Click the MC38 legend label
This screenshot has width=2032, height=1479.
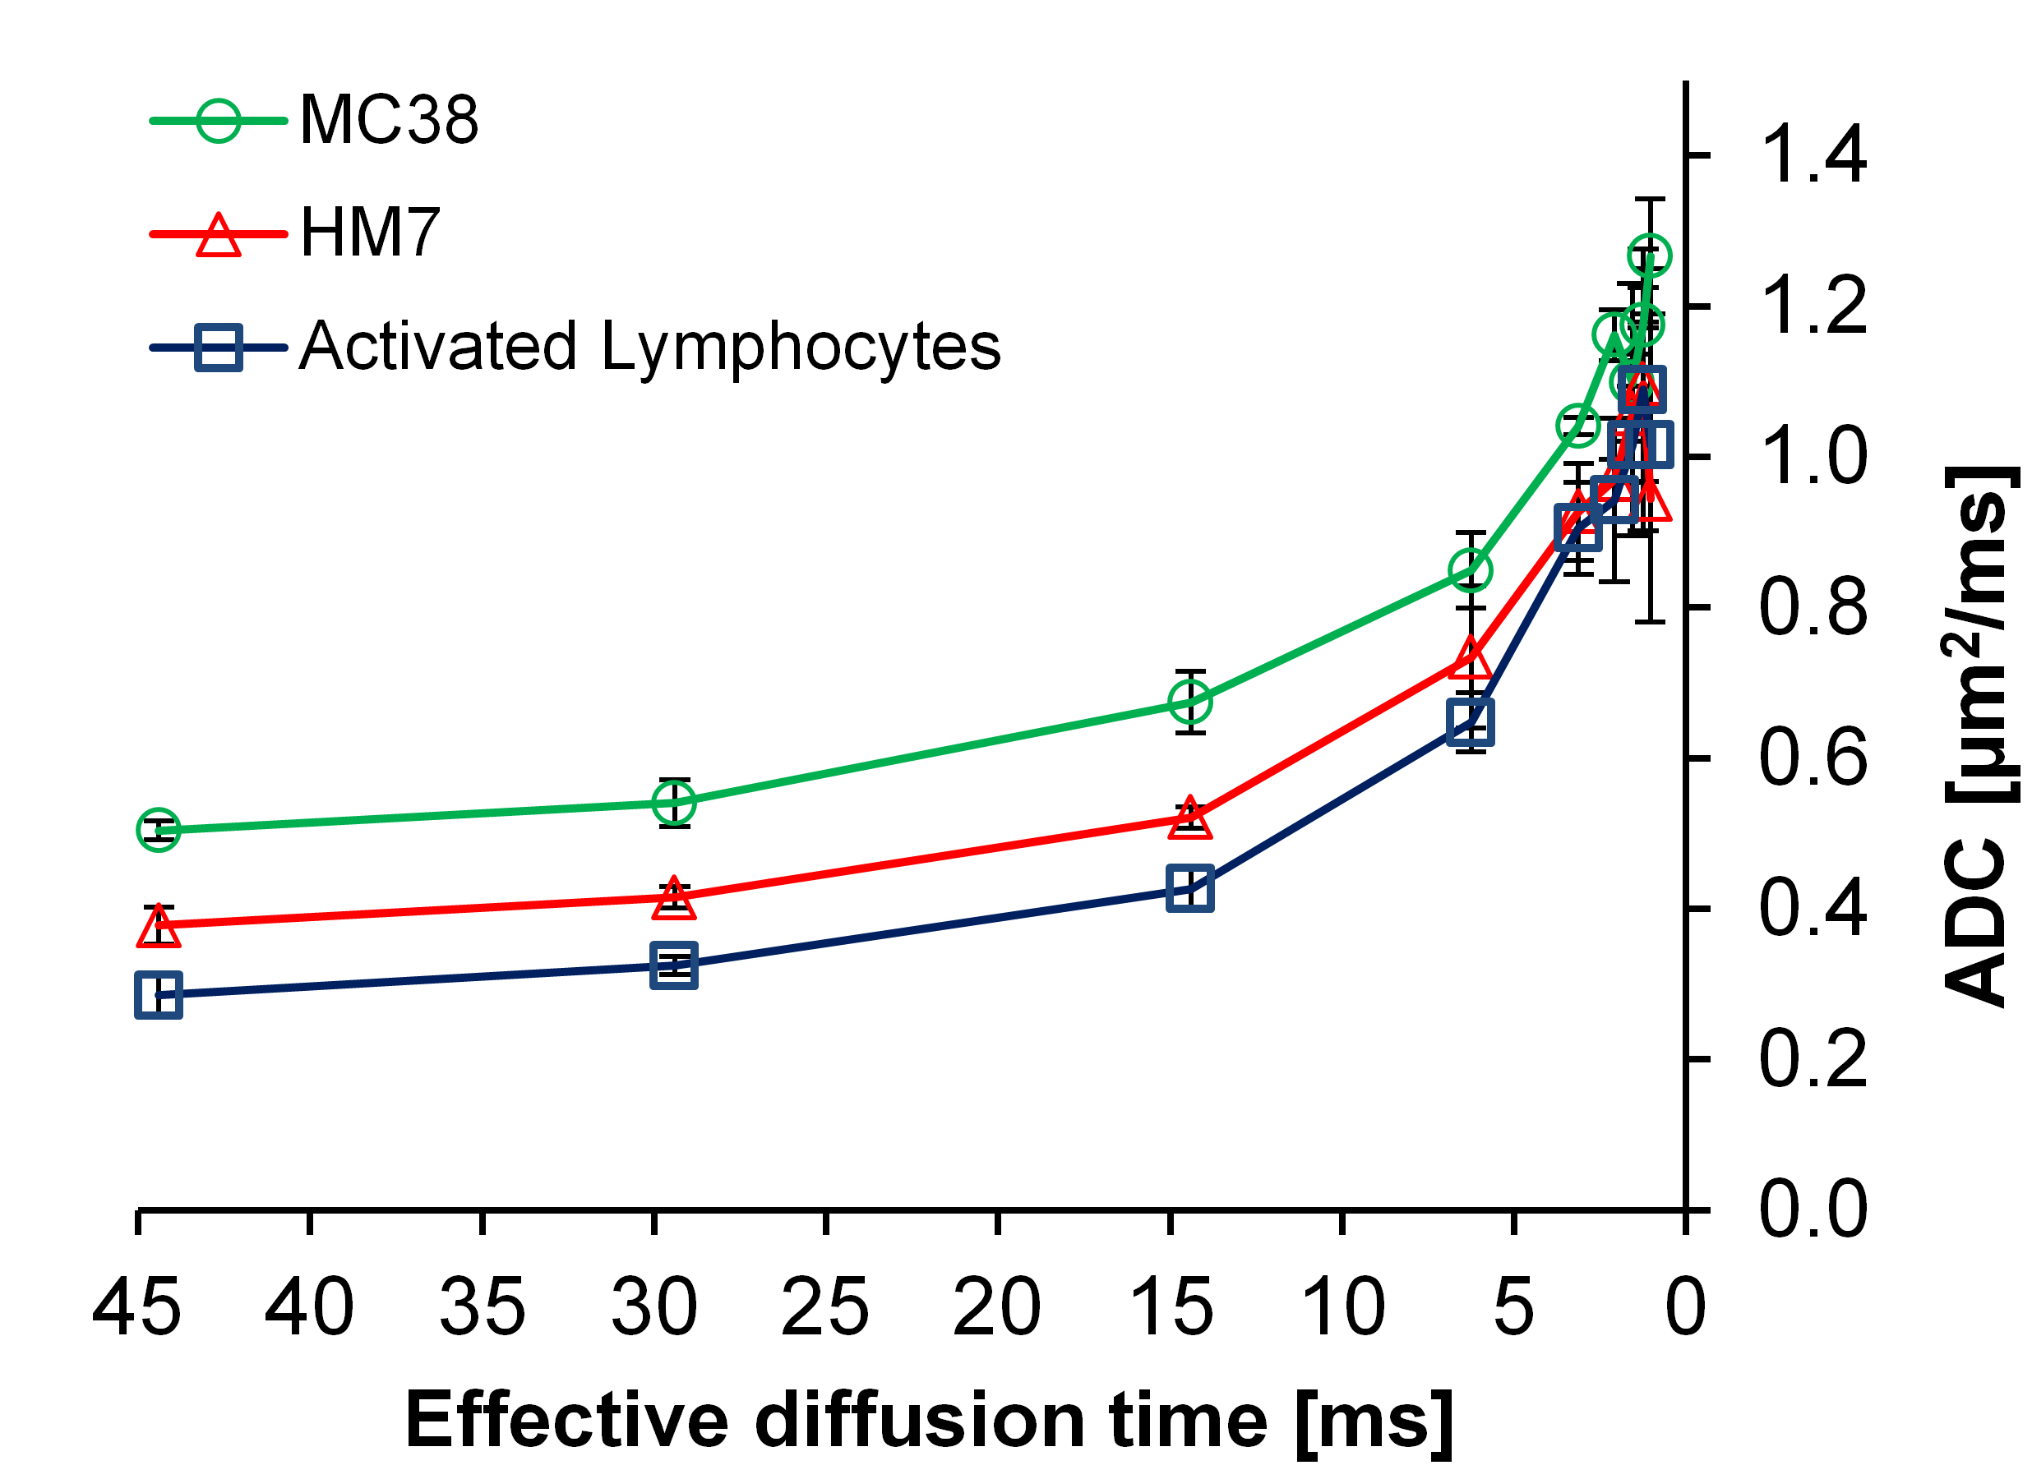(x=388, y=120)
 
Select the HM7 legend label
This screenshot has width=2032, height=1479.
(x=369, y=233)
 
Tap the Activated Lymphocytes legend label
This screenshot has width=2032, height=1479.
(x=649, y=347)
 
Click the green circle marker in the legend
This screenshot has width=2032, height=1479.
(x=219, y=120)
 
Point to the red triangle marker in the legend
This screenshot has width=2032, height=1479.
(x=219, y=235)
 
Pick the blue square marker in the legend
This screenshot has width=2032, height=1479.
(x=219, y=348)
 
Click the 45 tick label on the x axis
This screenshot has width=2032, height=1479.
(x=137, y=1308)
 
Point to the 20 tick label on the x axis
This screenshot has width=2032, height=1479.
(x=996, y=1308)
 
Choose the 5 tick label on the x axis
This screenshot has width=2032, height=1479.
(x=1513, y=1308)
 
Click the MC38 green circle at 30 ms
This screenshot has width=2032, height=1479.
(x=674, y=803)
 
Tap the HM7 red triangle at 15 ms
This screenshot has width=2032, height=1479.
(x=1189, y=818)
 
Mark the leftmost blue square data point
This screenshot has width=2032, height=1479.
(x=159, y=995)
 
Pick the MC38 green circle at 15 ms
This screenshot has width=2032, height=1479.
(x=1189, y=703)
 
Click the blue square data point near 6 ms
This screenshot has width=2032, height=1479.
(x=1471, y=722)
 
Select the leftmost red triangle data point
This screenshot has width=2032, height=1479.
(x=159, y=927)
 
